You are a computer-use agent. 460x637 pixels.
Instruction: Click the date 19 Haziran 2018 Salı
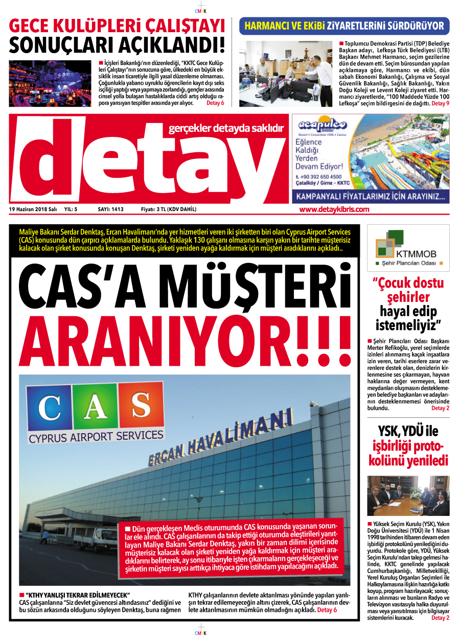33,209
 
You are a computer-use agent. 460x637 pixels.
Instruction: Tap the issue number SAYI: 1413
110,209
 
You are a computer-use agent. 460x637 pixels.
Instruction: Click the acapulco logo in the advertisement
323,125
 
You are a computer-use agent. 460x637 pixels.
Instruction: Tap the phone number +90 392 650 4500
318,176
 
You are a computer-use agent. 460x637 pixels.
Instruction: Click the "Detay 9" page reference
441,103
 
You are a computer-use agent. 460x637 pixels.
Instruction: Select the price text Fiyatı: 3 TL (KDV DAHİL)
169,209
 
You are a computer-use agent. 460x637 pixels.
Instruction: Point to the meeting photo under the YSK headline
408,496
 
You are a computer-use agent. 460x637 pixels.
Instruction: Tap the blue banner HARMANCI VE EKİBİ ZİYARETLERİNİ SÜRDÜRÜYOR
344,26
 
